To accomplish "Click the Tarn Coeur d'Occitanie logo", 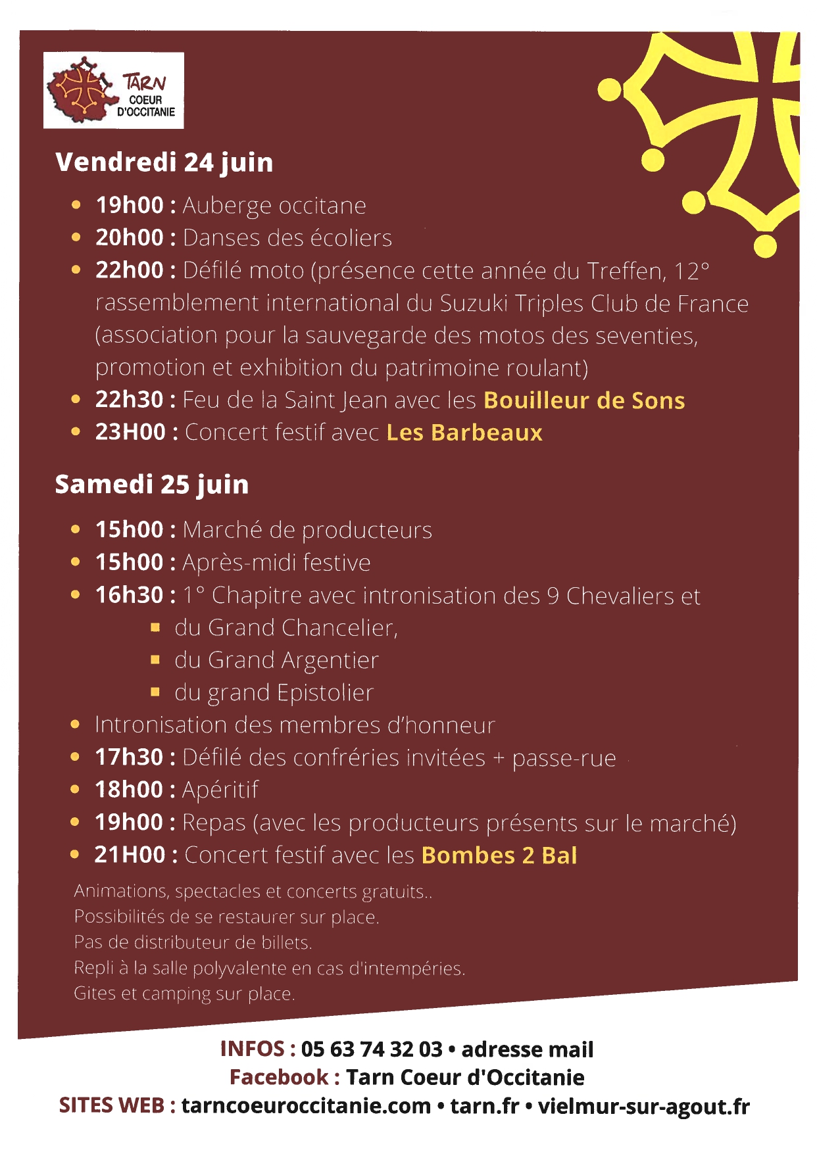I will [113, 91].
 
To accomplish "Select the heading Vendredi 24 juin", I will [164, 162].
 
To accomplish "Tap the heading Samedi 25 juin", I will [152, 485].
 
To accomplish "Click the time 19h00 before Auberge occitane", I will [130, 205].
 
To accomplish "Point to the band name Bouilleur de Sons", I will [584, 400].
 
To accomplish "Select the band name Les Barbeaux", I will [464, 433].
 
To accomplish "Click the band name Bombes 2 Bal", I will [499, 855].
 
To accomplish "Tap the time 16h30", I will [130, 595].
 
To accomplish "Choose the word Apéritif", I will [220, 790].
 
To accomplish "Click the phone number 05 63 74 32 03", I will [372, 1049].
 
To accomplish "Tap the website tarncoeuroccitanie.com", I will [306, 1106].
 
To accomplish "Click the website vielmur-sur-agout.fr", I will [643, 1106].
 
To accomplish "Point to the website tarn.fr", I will [485, 1106].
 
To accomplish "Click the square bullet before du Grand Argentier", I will [155, 660].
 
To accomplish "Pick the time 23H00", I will [130, 433].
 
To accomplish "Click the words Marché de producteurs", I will [307, 530].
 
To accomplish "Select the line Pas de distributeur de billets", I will [193, 942].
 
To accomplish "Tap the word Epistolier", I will [325, 692].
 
